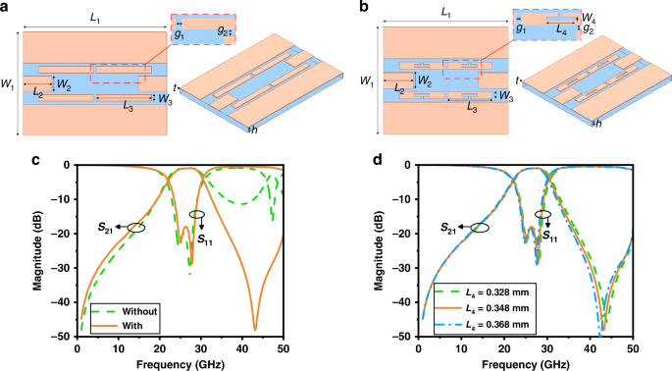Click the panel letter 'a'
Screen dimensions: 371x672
tap(6, 8)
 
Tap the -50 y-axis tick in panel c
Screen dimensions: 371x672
tap(60, 337)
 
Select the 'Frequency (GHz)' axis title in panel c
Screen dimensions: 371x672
tap(180, 363)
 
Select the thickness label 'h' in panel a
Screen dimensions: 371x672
tap(254, 130)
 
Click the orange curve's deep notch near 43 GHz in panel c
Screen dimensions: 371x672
tap(254, 328)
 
